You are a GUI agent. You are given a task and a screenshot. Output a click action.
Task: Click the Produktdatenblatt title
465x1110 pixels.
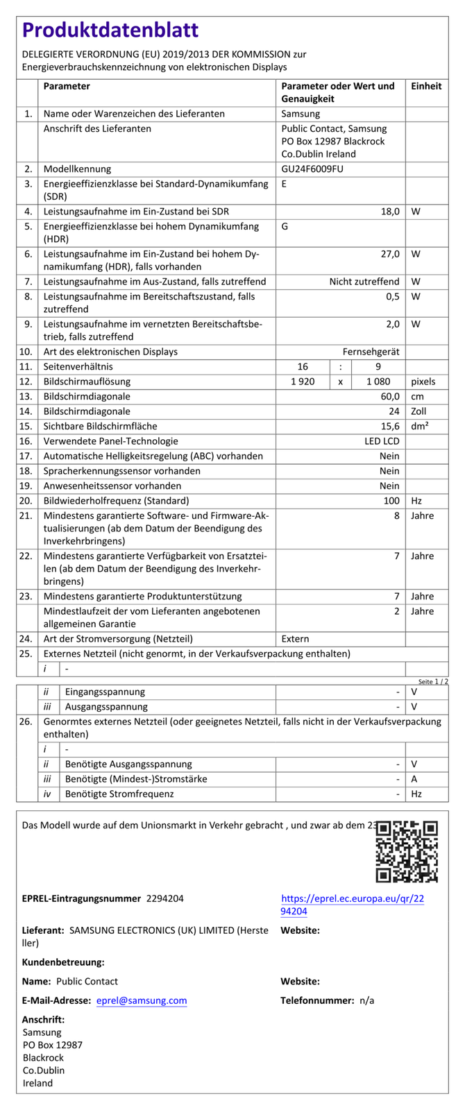click(x=110, y=30)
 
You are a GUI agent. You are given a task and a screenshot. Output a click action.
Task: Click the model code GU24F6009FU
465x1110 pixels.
click(x=312, y=169)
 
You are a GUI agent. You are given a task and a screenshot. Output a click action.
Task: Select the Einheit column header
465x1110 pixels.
click(x=426, y=86)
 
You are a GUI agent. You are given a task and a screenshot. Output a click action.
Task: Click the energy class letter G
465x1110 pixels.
click(x=285, y=226)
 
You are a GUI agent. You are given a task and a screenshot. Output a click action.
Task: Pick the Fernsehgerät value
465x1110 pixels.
click(x=371, y=352)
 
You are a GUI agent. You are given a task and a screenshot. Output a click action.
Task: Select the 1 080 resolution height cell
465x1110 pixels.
click(x=377, y=382)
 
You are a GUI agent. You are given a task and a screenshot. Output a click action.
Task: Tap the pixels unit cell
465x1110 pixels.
click(x=423, y=382)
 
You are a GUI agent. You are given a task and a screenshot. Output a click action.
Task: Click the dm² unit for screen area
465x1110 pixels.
click(x=419, y=426)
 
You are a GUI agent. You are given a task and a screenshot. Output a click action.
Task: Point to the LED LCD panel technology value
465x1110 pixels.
click(x=382, y=441)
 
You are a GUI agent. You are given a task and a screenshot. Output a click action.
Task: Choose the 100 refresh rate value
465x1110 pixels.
click(x=391, y=500)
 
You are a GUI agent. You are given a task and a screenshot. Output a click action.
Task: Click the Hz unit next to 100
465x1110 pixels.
click(x=416, y=500)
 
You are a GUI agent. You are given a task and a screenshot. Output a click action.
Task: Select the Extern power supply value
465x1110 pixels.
click(x=296, y=638)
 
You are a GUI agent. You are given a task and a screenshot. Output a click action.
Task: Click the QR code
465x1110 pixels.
click(x=407, y=851)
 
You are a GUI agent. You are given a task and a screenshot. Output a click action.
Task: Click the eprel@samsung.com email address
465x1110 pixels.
click(x=142, y=1000)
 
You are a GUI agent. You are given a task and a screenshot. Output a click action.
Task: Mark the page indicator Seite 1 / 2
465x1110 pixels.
click(x=433, y=681)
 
